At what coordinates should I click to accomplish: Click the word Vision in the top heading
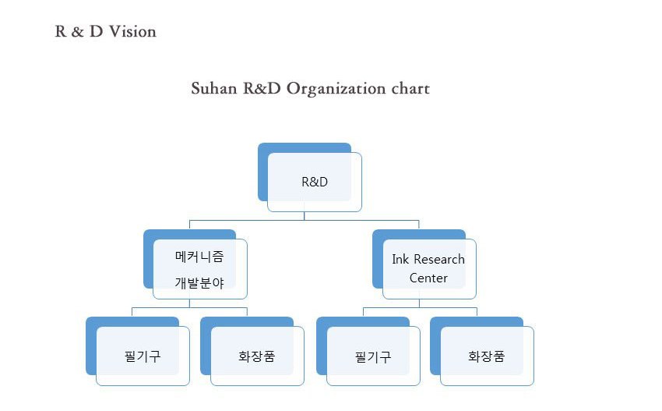click(132, 32)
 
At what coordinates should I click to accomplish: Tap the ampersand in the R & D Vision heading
click(77, 32)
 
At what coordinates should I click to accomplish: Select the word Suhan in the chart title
click(214, 88)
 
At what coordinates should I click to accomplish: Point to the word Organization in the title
click(336, 89)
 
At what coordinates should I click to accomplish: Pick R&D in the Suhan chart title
click(262, 88)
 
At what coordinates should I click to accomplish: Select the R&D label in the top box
click(315, 182)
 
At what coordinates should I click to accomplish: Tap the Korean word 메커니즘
click(199, 257)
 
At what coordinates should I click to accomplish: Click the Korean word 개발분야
click(199, 283)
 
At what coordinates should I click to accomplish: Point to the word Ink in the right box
click(400, 259)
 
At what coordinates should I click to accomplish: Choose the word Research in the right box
click(439, 259)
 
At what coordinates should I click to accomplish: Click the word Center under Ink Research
click(428, 278)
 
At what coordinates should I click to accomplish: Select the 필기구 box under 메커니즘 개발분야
click(138, 351)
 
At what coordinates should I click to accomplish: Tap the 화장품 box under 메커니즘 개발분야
click(252, 351)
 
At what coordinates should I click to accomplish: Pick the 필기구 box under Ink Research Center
click(368, 351)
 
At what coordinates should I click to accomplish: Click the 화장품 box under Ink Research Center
click(482, 351)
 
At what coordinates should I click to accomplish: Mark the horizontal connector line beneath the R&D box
click(304, 220)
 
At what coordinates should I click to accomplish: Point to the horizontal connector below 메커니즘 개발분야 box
click(189, 307)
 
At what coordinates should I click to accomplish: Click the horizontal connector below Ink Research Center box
click(420, 307)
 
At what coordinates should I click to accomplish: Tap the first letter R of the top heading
click(61, 32)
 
